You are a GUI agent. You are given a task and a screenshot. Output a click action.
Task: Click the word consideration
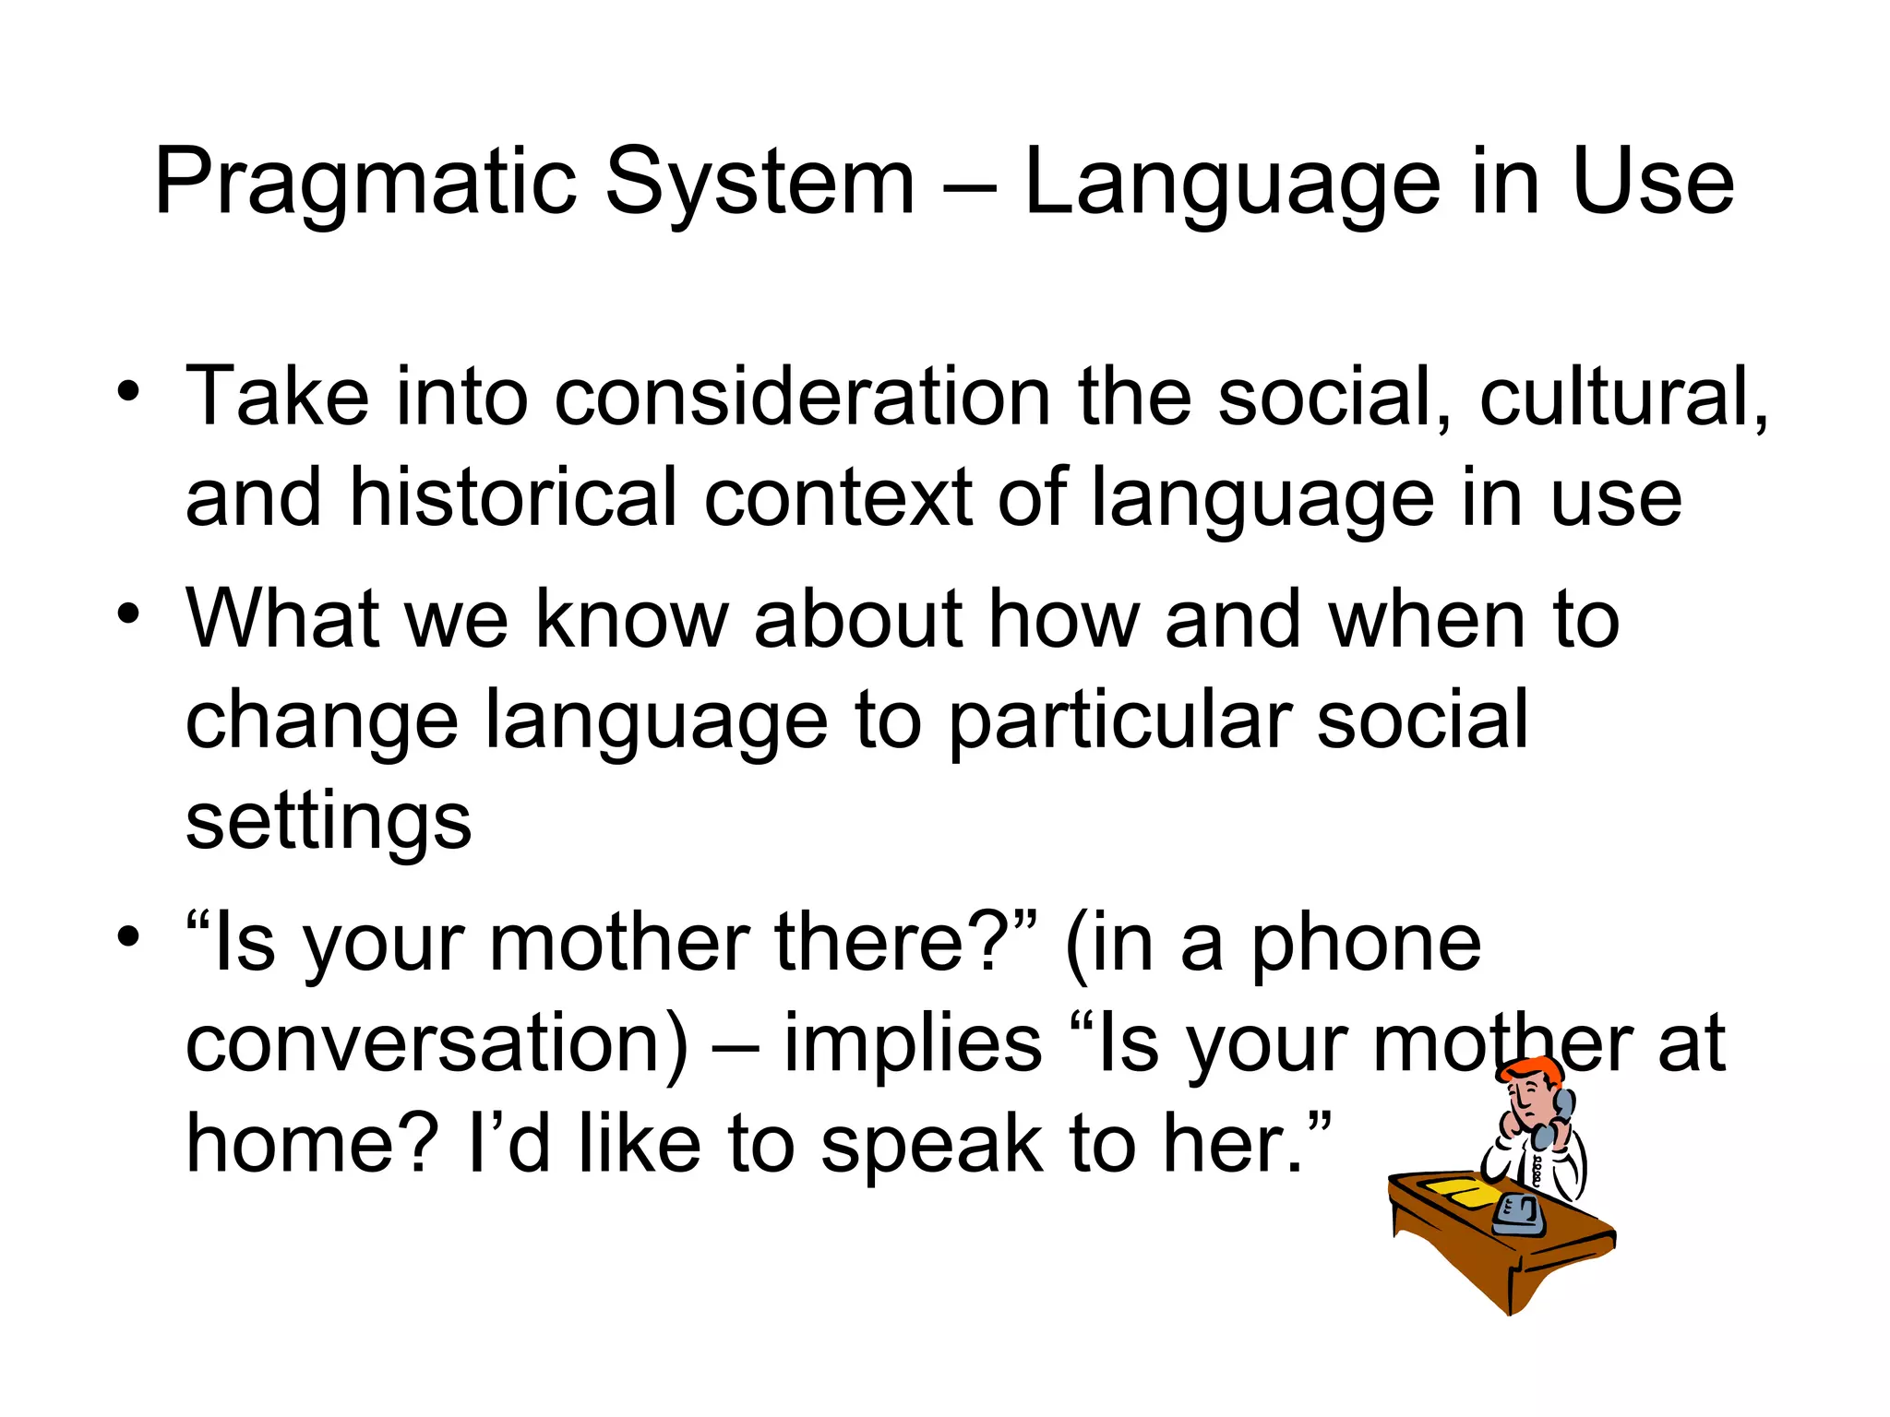click(802, 397)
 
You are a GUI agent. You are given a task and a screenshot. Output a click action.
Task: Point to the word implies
click(912, 1044)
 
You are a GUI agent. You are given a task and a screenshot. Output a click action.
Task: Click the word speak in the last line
click(932, 1144)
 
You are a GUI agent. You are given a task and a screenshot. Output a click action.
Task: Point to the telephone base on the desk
click(1518, 1216)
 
